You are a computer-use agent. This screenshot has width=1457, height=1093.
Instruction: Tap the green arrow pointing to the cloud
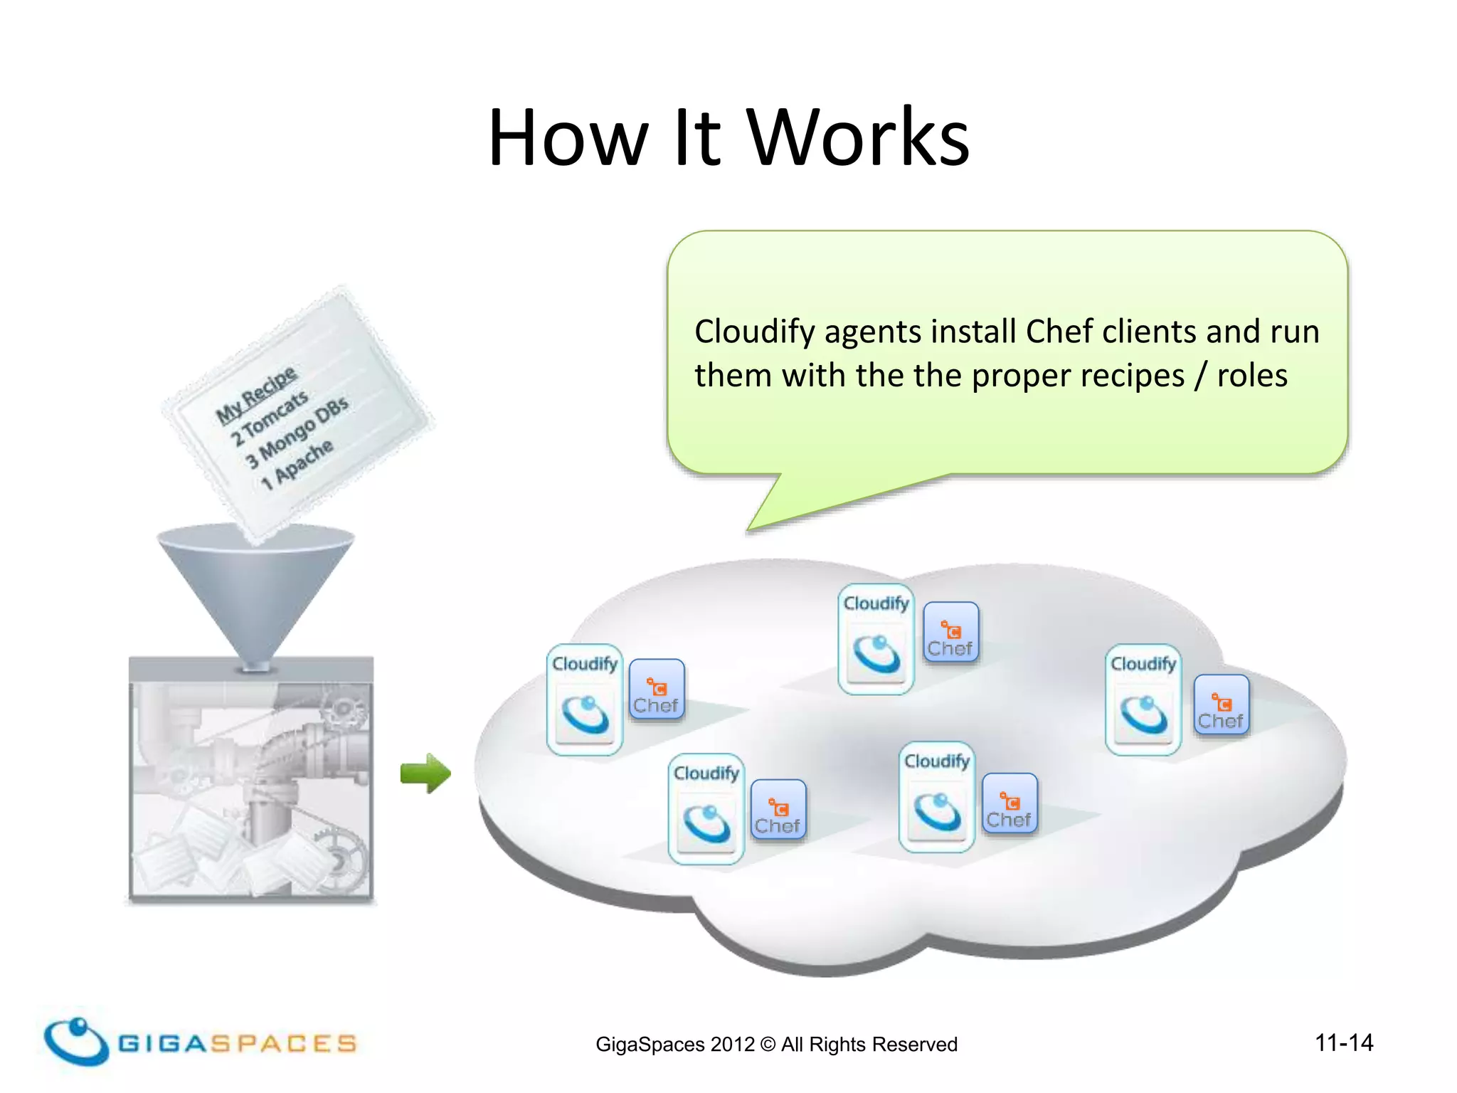coord(425,773)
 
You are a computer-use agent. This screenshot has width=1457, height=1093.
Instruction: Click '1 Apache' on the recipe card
coord(297,464)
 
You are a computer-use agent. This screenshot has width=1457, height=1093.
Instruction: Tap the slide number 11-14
coord(1344,1042)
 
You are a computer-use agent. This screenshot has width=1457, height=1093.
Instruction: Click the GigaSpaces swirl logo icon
coord(75,1041)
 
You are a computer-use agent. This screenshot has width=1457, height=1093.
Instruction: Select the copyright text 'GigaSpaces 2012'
coord(674,1044)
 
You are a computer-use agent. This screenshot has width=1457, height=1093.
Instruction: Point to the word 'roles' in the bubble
coord(1251,375)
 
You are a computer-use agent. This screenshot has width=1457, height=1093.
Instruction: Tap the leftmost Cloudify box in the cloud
coord(585,699)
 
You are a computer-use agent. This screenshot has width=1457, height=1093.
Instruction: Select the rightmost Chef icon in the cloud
coord(1221,705)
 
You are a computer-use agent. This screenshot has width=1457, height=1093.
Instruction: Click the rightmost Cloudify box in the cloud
coord(1143,699)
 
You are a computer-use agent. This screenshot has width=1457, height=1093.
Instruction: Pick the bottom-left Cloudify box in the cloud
coord(706,809)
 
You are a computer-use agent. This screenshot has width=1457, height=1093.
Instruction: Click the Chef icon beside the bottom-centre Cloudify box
coord(1010,803)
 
